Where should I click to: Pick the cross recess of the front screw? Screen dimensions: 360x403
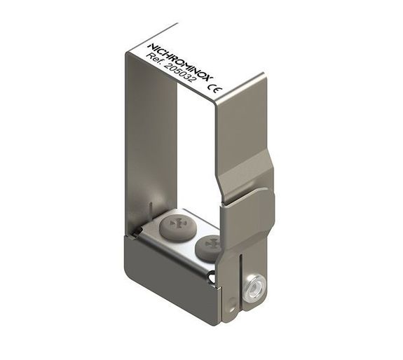coord(210,244)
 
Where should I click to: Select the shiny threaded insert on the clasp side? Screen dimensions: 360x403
coord(255,286)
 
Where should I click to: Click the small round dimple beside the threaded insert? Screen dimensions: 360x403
coord(231,302)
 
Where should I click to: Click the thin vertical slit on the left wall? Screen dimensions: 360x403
coord(151,210)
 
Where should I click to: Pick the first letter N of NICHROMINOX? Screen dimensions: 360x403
coord(149,46)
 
